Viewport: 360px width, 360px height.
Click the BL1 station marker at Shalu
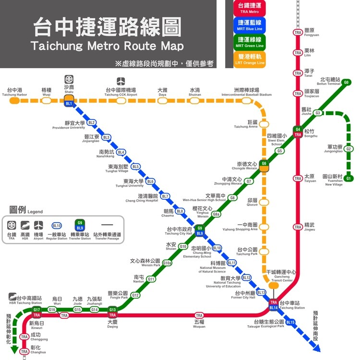(x=69, y=103)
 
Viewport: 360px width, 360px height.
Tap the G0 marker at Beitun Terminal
(x=346, y=82)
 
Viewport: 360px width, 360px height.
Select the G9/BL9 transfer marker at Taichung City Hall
(x=200, y=231)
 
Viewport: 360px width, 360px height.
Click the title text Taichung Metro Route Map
(x=107, y=47)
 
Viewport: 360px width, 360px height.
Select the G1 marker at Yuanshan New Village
(x=349, y=179)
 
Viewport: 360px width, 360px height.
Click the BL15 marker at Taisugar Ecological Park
(x=290, y=322)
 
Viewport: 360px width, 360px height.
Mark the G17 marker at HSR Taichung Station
(x=36, y=310)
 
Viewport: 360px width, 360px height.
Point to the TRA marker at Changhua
(x=24, y=352)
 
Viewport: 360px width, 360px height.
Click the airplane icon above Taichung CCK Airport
(x=121, y=81)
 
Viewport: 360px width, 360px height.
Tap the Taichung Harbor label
(x=14, y=92)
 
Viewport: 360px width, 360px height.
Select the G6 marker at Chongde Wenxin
(x=264, y=164)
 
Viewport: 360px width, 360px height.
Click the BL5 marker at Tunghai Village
(x=136, y=167)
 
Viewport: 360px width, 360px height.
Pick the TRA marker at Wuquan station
(x=199, y=315)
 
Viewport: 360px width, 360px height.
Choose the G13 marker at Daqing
(x=113, y=310)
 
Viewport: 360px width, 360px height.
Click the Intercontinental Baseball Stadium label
(x=246, y=92)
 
